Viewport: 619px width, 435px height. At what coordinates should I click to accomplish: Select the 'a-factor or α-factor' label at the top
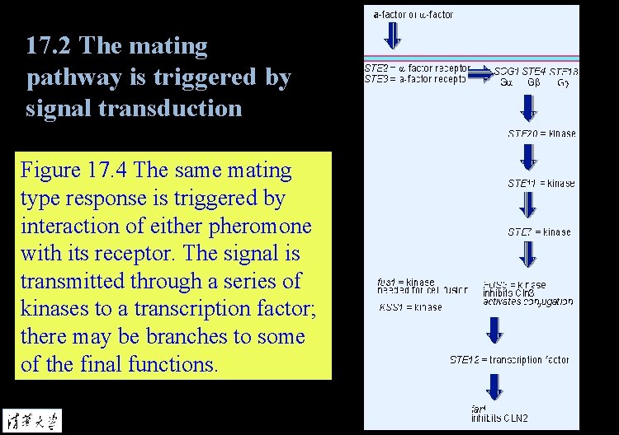[413, 14]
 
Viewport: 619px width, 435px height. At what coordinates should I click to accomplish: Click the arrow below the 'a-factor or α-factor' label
[394, 35]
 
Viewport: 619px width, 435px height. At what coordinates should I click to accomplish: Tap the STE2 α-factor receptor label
[417, 68]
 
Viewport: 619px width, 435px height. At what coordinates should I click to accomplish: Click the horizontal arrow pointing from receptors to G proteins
[479, 75]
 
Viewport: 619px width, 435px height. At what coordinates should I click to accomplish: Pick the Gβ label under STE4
[533, 82]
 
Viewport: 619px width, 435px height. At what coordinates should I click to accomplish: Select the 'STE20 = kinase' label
[541, 133]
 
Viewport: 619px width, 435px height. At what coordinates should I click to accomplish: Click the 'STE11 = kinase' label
[541, 183]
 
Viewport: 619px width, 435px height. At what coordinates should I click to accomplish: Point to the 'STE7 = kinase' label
[539, 232]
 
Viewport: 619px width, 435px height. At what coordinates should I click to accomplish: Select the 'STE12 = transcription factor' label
[509, 360]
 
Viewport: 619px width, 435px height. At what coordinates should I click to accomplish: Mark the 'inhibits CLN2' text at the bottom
[499, 419]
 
